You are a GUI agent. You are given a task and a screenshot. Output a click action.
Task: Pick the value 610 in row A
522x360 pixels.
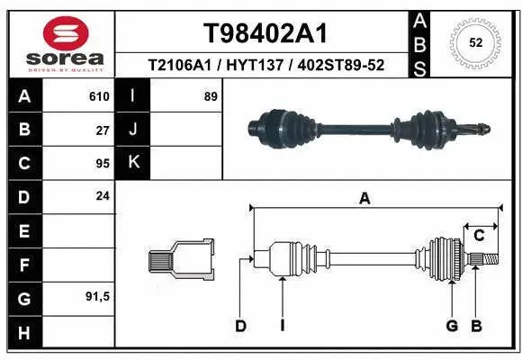tap(98, 96)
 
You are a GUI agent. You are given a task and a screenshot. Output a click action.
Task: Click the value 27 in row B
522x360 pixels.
tap(102, 130)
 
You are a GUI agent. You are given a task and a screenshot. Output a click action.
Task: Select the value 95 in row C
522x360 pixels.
tap(102, 163)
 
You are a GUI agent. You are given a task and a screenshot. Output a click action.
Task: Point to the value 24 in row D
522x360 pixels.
tap(102, 196)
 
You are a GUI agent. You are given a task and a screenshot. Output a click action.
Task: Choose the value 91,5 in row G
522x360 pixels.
tap(96, 296)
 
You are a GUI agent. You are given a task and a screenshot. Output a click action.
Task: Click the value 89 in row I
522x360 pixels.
tap(211, 96)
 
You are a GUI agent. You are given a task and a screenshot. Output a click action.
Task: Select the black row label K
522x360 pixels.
tap(133, 163)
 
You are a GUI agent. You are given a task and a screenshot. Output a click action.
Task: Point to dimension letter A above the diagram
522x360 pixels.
tap(364, 199)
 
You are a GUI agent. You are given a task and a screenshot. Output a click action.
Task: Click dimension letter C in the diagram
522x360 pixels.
tap(479, 236)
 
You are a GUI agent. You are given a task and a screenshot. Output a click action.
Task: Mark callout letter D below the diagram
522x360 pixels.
tap(240, 326)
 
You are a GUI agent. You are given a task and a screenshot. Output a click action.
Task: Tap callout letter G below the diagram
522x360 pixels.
tap(452, 326)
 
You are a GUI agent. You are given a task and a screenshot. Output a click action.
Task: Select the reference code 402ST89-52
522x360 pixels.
tap(341, 66)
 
